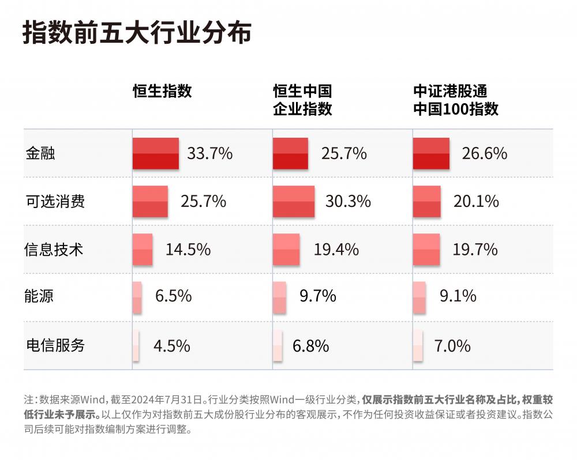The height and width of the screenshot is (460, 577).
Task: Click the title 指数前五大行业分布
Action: [x=137, y=33]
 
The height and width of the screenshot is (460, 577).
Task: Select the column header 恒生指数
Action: [x=162, y=91]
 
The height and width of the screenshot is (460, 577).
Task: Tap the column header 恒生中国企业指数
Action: [x=302, y=100]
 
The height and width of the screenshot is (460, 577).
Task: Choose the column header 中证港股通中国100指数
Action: [x=456, y=100]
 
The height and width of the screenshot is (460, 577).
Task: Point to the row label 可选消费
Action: [x=55, y=202]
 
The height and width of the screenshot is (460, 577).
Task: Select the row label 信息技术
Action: [x=55, y=250]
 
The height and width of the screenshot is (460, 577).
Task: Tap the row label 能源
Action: [x=40, y=297]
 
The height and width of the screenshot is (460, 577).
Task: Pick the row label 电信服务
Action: [x=55, y=345]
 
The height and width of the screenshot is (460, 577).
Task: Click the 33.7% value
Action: [x=209, y=153]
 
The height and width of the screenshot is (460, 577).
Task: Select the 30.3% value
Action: [x=348, y=202]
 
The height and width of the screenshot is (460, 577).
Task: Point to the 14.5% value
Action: [x=188, y=250]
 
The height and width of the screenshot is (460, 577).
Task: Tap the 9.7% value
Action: [x=317, y=297]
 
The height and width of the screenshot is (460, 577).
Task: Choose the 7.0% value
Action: [x=452, y=346]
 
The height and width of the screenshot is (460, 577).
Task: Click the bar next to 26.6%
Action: [x=431, y=153]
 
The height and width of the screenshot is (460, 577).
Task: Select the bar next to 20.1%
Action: [x=427, y=202]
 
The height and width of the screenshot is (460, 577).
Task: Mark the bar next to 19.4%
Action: [x=286, y=250]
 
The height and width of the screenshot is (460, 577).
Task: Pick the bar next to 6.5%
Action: [x=137, y=297]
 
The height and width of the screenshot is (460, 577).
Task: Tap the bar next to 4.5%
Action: [x=136, y=345]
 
